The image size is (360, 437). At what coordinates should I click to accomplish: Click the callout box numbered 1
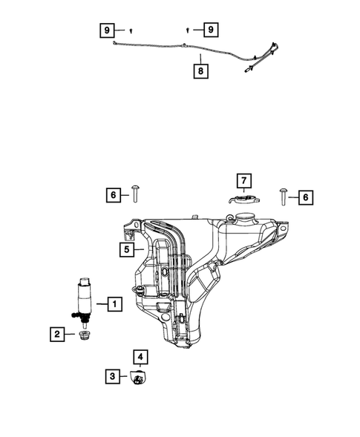click(x=114, y=303)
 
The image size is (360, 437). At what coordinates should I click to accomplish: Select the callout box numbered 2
click(x=56, y=335)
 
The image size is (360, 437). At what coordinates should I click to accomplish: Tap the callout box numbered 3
click(x=112, y=377)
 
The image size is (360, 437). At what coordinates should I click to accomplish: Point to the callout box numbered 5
click(x=128, y=250)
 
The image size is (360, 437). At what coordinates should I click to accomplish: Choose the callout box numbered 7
click(x=243, y=180)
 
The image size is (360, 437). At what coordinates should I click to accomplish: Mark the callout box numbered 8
click(x=200, y=72)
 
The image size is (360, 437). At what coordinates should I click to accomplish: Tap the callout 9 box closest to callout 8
click(x=211, y=30)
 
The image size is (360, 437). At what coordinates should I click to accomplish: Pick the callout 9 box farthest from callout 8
click(x=108, y=30)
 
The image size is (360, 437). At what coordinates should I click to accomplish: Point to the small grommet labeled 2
click(x=85, y=338)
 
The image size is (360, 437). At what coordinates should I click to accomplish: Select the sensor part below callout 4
click(x=139, y=379)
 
